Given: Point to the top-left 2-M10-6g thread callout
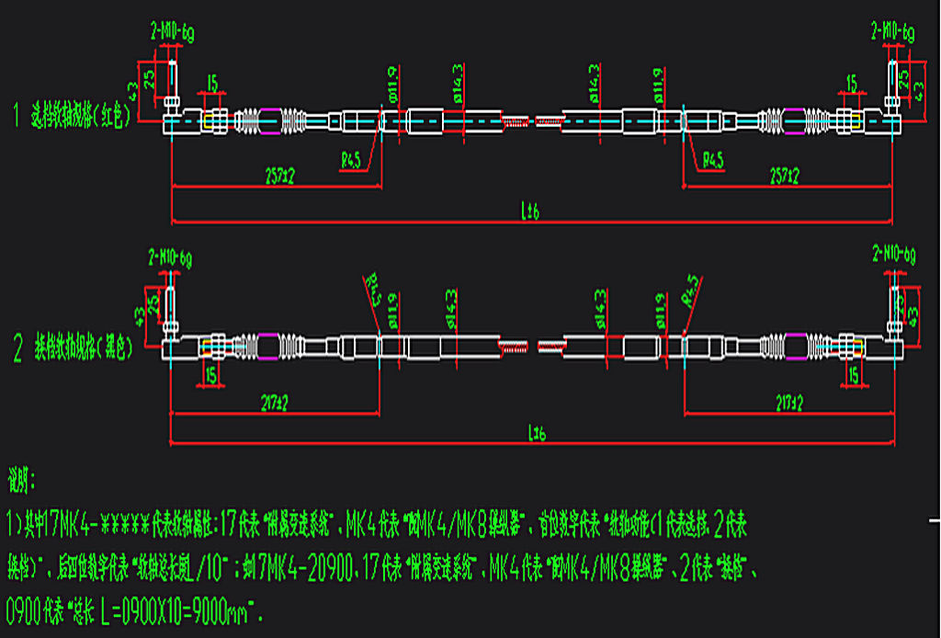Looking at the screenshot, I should [172, 34].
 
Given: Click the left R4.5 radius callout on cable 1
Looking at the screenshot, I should [351, 160].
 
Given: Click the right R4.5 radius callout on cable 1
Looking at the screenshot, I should [713, 160].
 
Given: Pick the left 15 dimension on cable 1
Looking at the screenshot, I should [213, 85].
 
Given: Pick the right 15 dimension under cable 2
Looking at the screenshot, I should [854, 374].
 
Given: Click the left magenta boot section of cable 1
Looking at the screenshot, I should [272, 120].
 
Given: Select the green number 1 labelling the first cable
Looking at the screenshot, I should [16, 117].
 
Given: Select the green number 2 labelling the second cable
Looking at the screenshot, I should [17, 350].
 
